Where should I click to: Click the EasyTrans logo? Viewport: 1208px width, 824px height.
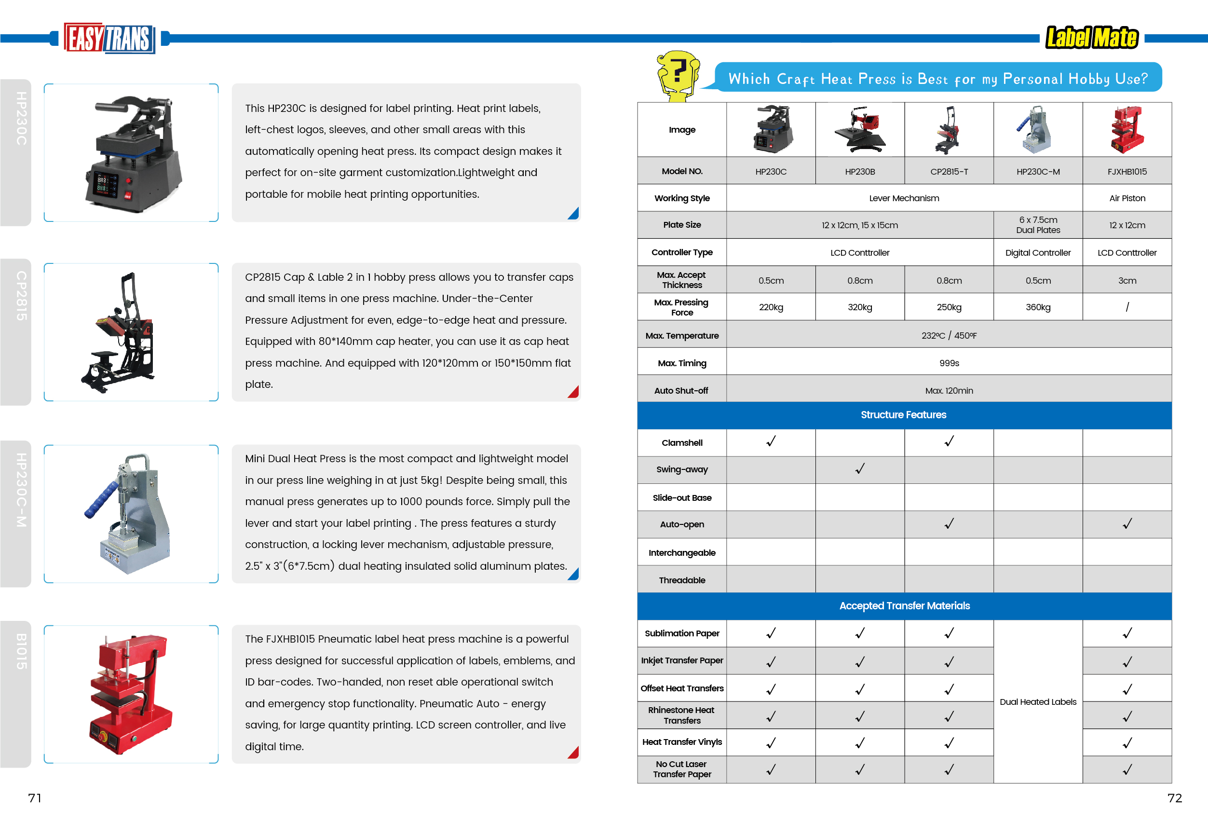(109, 38)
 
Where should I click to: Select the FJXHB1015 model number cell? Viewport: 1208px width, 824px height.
(1127, 172)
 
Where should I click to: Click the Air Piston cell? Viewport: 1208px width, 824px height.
(1127, 198)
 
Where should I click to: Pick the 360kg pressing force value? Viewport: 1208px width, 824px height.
(1037, 307)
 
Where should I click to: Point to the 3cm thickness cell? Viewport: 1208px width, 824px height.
(1127, 281)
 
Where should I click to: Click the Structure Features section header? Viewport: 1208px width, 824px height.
(903, 415)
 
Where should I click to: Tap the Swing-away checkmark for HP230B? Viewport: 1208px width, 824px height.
(860, 469)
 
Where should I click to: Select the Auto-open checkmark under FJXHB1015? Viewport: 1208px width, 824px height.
(1127, 524)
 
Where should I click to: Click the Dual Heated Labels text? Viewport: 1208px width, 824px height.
(1037, 702)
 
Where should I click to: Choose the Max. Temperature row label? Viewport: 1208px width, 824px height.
(681, 336)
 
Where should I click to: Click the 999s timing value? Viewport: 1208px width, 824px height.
(949, 363)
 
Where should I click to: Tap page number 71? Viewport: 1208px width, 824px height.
(35, 797)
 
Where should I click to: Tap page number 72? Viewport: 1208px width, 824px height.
(1174, 797)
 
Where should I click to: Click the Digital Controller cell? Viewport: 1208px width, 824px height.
(1037, 253)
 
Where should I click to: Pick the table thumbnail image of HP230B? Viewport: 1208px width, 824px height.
(860, 129)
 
